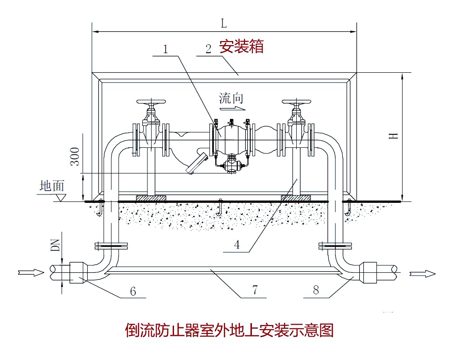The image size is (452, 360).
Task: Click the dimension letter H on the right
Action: point(394,136)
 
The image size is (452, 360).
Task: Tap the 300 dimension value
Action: point(74,157)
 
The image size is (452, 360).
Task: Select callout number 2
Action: point(209,48)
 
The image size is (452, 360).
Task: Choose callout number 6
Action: point(133,291)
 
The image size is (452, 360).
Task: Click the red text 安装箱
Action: point(242,47)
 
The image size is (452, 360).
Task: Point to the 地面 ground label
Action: point(52,186)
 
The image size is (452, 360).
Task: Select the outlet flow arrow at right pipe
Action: point(423,273)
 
